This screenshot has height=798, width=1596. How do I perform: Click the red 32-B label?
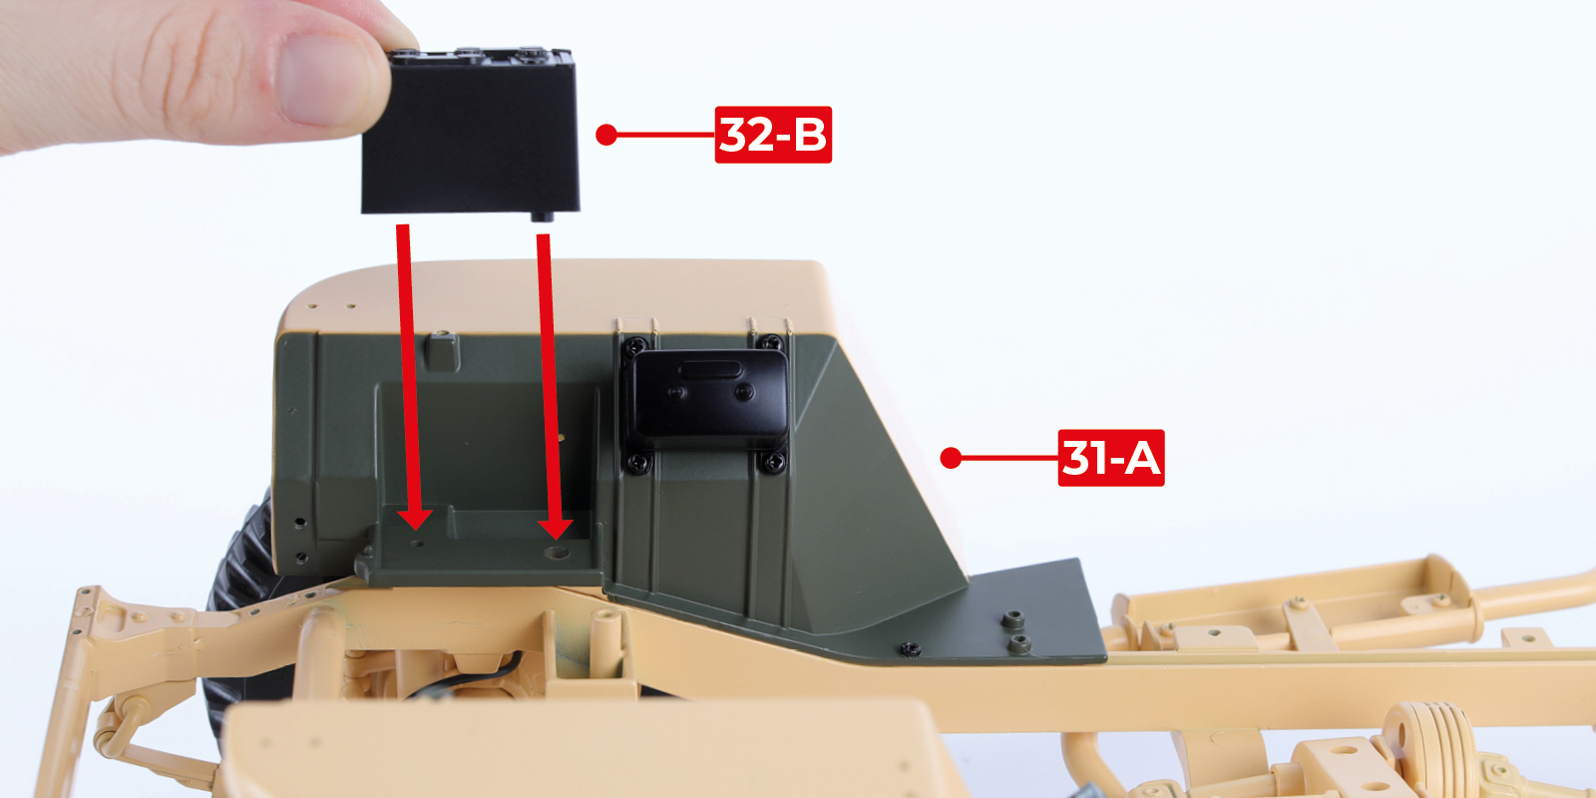tap(773, 135)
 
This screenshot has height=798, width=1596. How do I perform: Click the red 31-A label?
tap(1111, 458)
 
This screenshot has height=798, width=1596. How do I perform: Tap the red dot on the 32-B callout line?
tap(606, 135)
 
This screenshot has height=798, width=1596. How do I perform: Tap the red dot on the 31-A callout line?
tap(951, 458)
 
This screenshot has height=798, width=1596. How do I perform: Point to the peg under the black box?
tap(543, 215)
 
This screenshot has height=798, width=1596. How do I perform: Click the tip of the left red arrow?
tap(415, 530)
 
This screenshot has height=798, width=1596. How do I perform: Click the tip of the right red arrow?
tap(555, 540)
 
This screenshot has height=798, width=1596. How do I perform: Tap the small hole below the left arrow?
tap(418, 544)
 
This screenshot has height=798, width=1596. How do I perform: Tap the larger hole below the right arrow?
tap(557, 553)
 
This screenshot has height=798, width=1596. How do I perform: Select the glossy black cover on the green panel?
tap(707, 396)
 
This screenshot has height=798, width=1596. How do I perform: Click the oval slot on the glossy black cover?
tap(710, 370)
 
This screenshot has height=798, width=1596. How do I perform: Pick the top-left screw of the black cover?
tap(634, 348)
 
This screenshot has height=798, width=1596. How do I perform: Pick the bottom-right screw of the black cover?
tap(772, 463)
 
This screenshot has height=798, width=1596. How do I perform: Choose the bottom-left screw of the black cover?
tap(637, 464)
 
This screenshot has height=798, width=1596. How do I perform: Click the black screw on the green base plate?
tap(910, 649)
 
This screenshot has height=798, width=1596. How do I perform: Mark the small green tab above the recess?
tap(443, 351)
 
